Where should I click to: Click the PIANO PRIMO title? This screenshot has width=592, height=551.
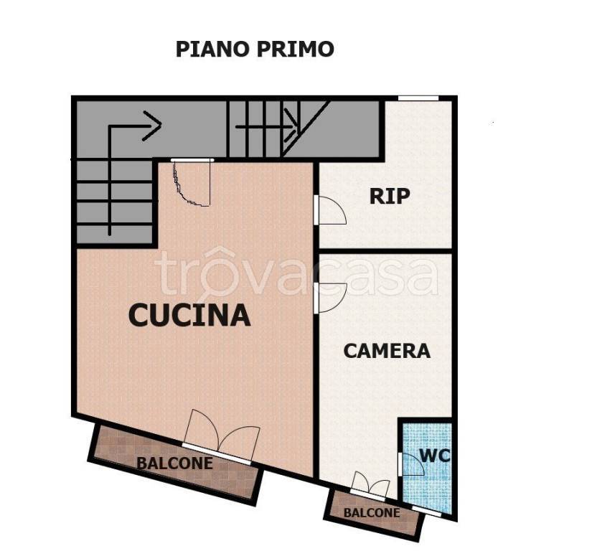tap(255, 49)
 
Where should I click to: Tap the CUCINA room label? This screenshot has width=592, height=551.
tap(189, 314)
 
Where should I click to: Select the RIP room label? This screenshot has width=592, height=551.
tap(390, 196)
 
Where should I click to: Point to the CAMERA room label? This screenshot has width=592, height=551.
tap(387, 350)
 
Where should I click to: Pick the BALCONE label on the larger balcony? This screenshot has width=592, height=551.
tap(175, 463)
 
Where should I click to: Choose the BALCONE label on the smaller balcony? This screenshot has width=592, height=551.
tap(371, 513)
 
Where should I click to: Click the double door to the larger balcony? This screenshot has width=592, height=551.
tap(221, 439)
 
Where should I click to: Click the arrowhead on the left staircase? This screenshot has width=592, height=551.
tap(152, 126)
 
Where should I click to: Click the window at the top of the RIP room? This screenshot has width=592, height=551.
tap(418, 98)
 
